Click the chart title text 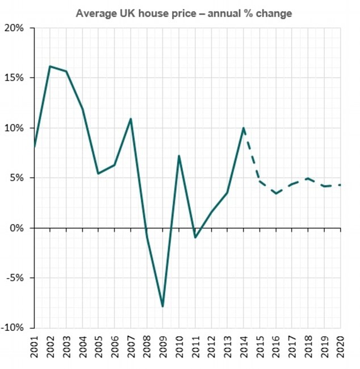pyautogui.click(x=184, y=13)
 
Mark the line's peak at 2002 pyautogui.click(x=50, y=67)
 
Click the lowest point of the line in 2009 pyautogui.click(x=163, y=306)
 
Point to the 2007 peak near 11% pyautogui.click(x=131, y=119)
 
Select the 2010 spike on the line pyautogui.click(x=179, y=156)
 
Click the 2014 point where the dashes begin pyautogui.click(x=244, y=128)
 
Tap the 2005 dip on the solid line pyautogui.click(x=99, y=173)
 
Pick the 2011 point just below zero pyautogui.click(x=195, y=237)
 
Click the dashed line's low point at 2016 pyautogui.click(x=276, y=193)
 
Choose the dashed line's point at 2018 pyautogui.click(x=308, y=179)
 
